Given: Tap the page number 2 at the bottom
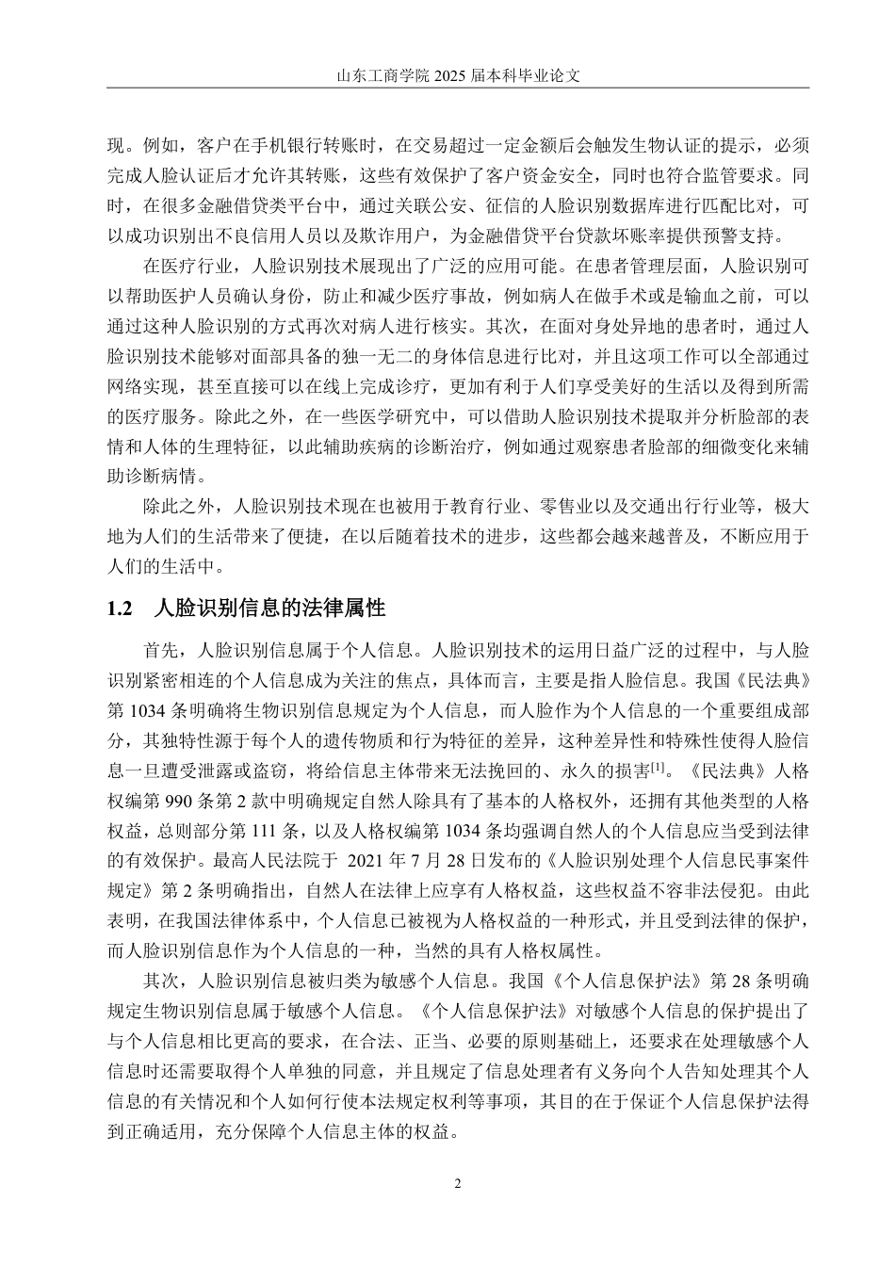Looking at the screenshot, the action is [x=458, y=1184].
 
